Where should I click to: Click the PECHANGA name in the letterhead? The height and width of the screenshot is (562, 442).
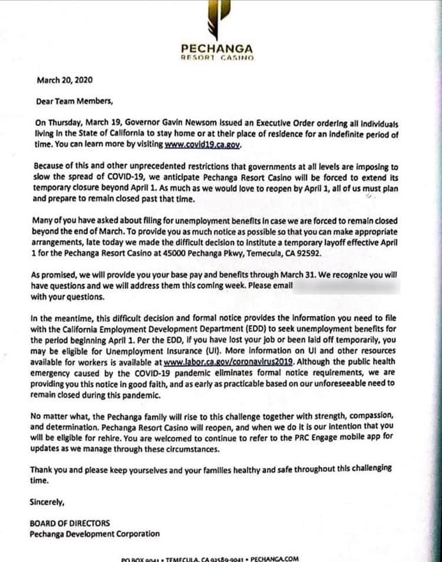coord(218,49)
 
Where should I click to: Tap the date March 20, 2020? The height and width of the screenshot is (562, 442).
coord(64,79)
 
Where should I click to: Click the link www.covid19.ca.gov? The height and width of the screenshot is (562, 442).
coord(203,144)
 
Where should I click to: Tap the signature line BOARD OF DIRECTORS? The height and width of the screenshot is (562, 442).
coord(69,524)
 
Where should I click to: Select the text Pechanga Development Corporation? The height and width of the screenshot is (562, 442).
coord(95,534)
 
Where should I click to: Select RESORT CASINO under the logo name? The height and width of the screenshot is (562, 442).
coord(218,58)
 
